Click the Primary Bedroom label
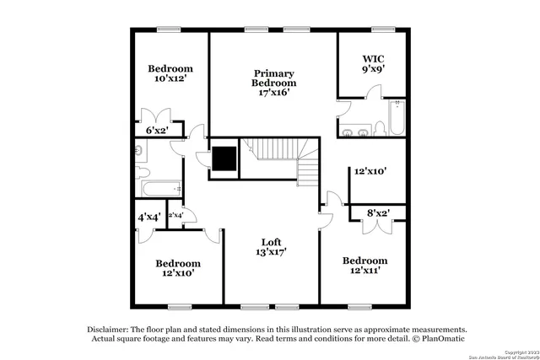pyautogui.click(x=274, y=78)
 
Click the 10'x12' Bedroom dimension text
pyautogui.click(x=170, y=79)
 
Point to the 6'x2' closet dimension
pyautogui.click(x=158, y=130)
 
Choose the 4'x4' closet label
pyautogui.click(x=150, y=217)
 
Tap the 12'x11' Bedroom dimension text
pyautogui.click(x=364, y=271)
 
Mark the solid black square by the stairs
pyautogui.click(x=224, y=159)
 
